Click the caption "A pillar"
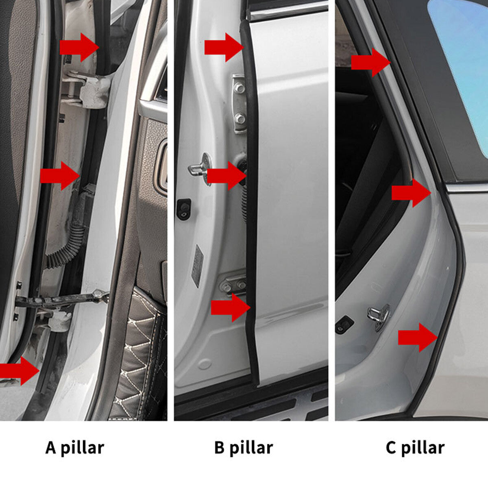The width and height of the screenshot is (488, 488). (75, 448)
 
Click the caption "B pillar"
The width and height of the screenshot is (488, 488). (243, 448)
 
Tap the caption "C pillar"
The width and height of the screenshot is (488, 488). (415, 448)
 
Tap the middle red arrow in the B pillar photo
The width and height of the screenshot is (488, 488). (227, 176)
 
